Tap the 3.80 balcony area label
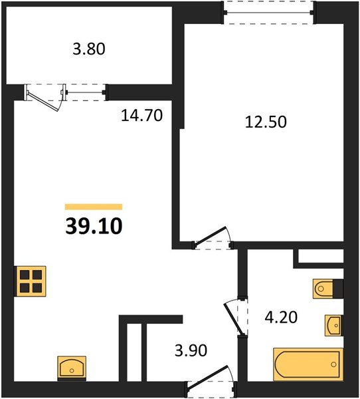(x=88, y=49)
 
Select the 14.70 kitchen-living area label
(x=142, y=116)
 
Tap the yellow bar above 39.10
(x=94, y=207)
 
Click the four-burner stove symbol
(x=31, y=281)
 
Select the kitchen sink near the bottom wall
(x=71, y=366)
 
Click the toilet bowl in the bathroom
(x=323, y=288)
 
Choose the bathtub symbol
(x=308, y=364)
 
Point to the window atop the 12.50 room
(x=268, y=11)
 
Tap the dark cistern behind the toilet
(x=338, y=288)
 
